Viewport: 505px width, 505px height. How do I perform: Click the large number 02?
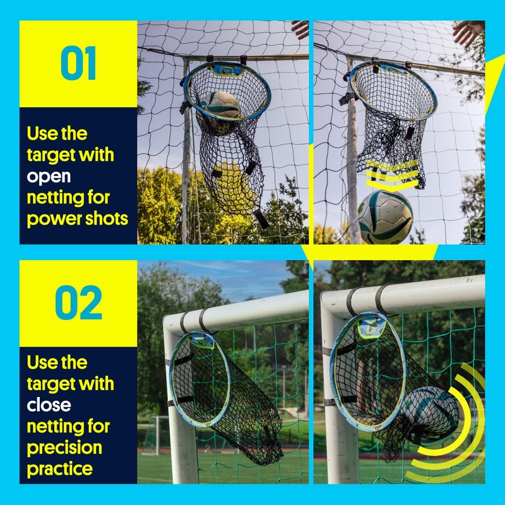[x=78, y=303]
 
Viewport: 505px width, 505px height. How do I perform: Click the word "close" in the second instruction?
[x=49, y=404]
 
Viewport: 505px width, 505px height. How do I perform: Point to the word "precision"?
[x=64, y=448]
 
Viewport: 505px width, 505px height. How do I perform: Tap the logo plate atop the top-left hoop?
[x=228, y=68]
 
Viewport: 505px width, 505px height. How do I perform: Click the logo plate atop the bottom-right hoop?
[x=372, y=327]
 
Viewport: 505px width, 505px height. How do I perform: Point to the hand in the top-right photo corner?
[x=468, y=32]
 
